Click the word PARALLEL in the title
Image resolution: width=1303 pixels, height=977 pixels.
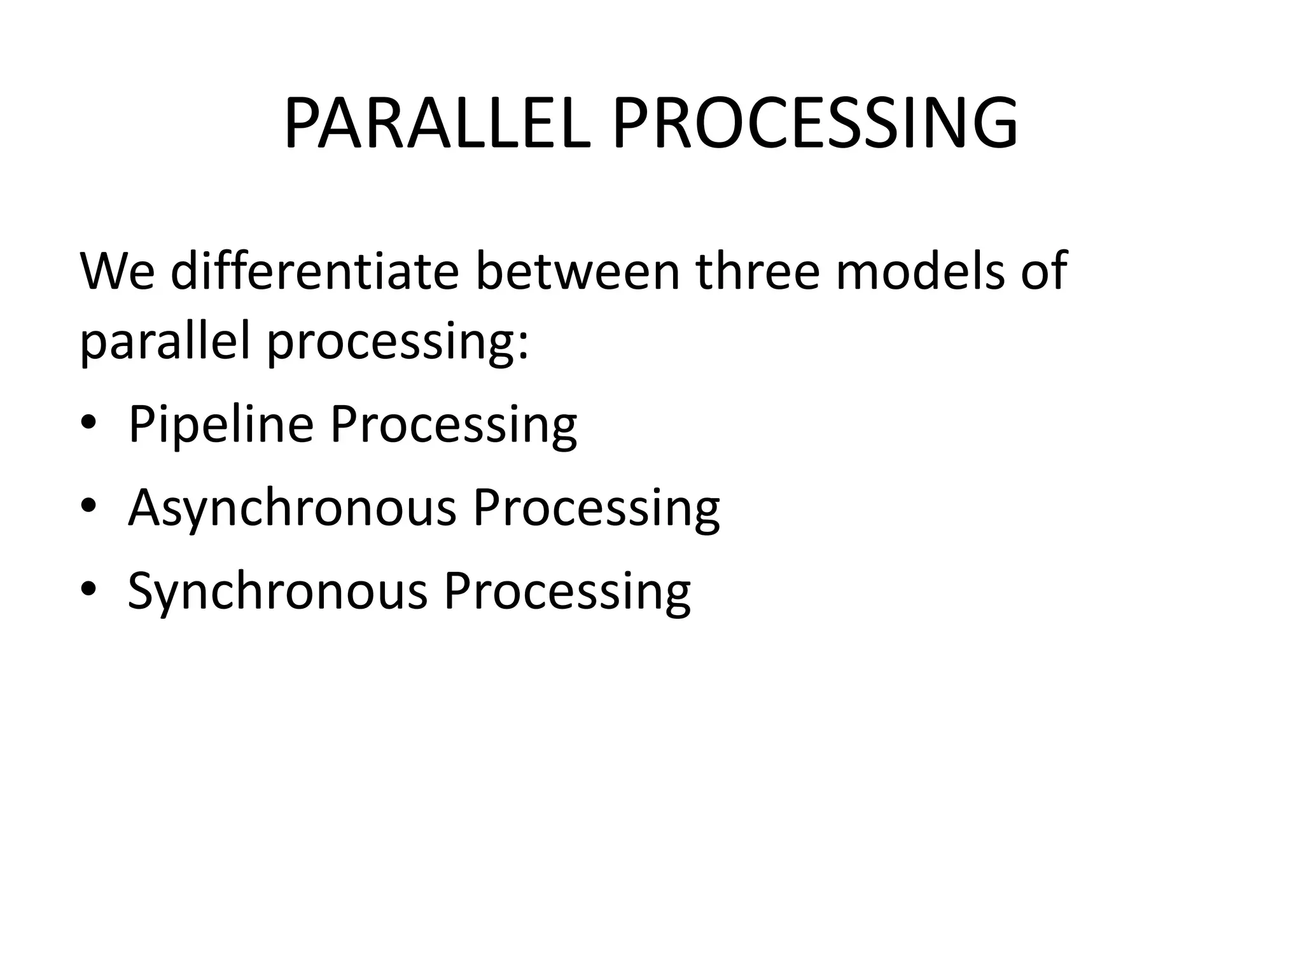click(x=437, y=124)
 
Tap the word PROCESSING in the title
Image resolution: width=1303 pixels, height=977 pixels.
click(x=815, y=124)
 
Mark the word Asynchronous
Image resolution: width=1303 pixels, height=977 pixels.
click(x=292, y=509)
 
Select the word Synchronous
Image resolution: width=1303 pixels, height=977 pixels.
click(x=277, y=592)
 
